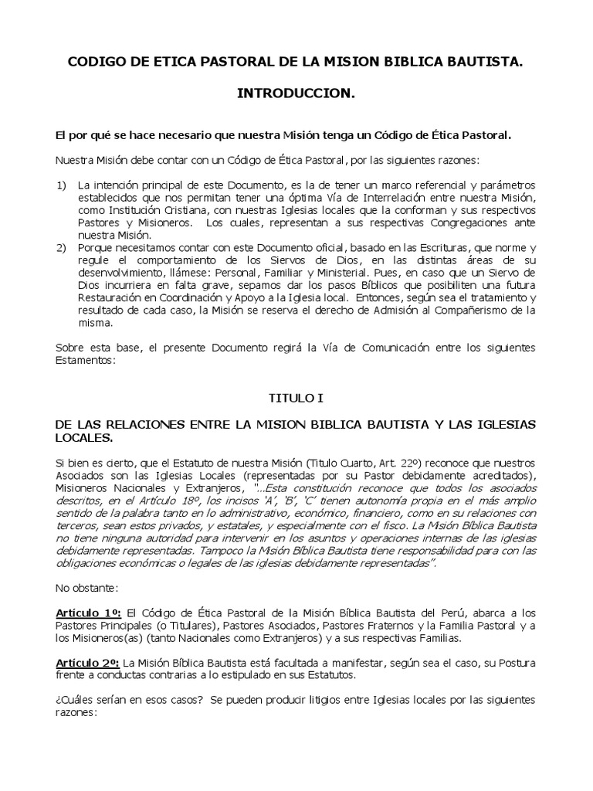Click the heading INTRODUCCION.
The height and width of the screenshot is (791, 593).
click(296, 93)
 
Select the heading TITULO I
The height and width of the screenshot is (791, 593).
click(296, 399)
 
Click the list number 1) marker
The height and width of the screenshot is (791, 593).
click(62, 187)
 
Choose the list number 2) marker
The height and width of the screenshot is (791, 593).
click(62, 247)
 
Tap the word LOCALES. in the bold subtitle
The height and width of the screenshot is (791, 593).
click(83, 438)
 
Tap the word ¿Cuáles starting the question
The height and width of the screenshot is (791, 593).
click(75, 700)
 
